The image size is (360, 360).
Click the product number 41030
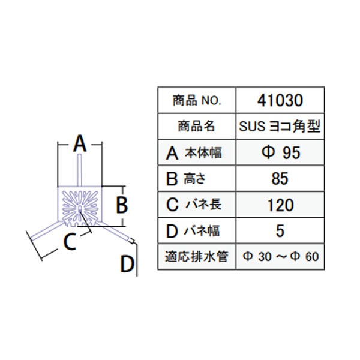280,100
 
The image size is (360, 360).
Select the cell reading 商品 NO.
197,101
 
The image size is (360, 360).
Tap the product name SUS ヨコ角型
280,126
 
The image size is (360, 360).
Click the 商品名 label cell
197,126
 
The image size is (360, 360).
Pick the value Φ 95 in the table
281,152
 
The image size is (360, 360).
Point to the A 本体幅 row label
194,153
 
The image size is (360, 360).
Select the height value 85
280,179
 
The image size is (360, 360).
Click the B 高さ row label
185,179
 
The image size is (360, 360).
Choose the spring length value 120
281,205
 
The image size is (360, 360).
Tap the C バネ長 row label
194,205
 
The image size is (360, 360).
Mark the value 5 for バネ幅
280,231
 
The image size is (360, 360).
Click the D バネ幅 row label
193,230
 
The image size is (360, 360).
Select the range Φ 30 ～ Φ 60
281,256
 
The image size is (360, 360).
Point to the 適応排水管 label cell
197,256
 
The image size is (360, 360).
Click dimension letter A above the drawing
80,143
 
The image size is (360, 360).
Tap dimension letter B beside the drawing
122,205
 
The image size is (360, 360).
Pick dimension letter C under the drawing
70,242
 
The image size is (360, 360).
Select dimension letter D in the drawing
127,264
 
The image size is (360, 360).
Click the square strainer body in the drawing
79,206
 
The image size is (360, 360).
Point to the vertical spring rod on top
79,170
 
